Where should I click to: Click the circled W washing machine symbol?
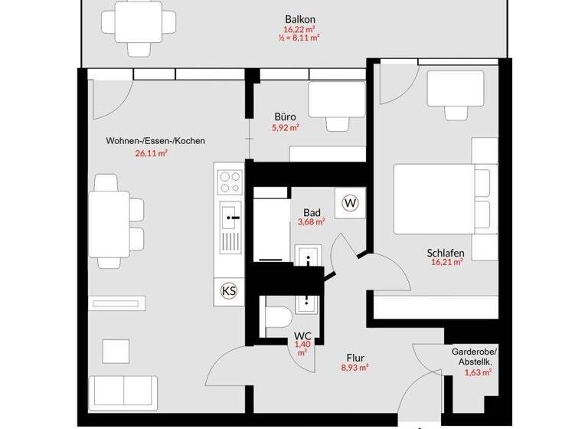(x=351, y=203)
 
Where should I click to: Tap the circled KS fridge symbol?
(x=228, y=290)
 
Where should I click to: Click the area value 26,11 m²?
(x=151, y=152)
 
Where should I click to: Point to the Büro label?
(x=285, y=117)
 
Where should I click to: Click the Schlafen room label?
(x=446, y=251)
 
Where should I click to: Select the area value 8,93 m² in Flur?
(x=354, y=368)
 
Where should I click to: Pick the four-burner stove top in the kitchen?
(x=229, y=182)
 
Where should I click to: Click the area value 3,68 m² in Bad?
(x=311, y=222)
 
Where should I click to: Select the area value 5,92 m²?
(x=285, y=128)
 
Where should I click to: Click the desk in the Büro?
(x=335, y=98)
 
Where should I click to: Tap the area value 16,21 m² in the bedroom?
(x=446, y=262)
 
